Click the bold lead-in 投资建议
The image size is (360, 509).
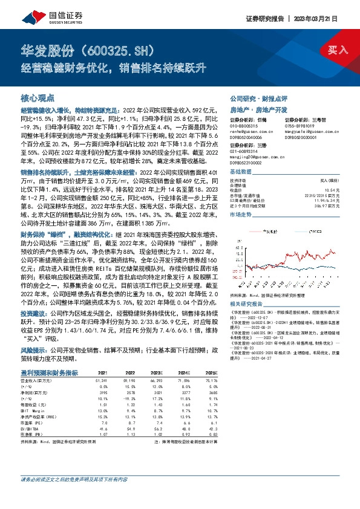33,314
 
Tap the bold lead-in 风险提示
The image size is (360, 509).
33,349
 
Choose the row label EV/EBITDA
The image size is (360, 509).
31,429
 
